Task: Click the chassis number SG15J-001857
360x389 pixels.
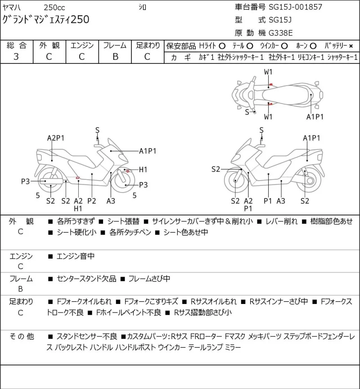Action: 296,7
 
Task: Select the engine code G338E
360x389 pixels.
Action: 281,33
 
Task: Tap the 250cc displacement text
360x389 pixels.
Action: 54,8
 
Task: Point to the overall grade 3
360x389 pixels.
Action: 16,57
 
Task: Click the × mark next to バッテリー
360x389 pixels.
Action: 351,46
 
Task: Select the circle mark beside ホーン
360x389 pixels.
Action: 313,46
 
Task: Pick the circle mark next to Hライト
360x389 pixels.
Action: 222,46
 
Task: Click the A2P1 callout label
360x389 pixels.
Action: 56,138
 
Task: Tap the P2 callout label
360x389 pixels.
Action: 92,201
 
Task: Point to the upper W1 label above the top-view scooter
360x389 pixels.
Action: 268,72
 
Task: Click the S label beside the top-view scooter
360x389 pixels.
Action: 247,112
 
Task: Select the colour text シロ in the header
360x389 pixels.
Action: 142,8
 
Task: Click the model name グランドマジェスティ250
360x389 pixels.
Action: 46,20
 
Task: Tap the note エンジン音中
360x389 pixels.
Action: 76,256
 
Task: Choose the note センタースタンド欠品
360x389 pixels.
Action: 86,279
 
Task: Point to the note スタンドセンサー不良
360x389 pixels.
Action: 87,336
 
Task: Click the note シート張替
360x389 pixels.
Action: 123,221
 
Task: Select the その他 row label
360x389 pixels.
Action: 22,336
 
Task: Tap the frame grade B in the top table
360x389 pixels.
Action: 115,57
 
